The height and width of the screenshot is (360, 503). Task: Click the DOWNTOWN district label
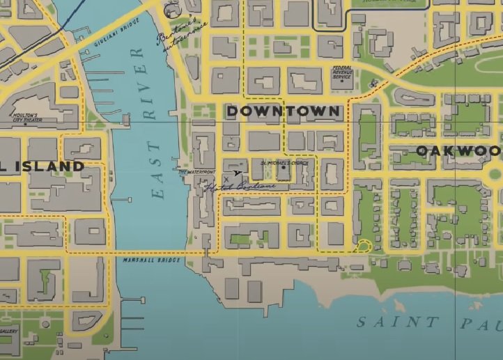283,111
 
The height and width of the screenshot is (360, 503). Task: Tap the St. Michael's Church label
283,162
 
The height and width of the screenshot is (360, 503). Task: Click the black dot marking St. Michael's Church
284,168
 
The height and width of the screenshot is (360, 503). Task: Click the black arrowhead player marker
238,173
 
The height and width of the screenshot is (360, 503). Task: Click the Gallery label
9,331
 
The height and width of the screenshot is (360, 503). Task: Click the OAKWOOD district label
458,151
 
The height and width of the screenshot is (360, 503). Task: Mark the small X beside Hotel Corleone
225,180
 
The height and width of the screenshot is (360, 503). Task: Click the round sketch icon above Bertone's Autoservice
170,10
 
